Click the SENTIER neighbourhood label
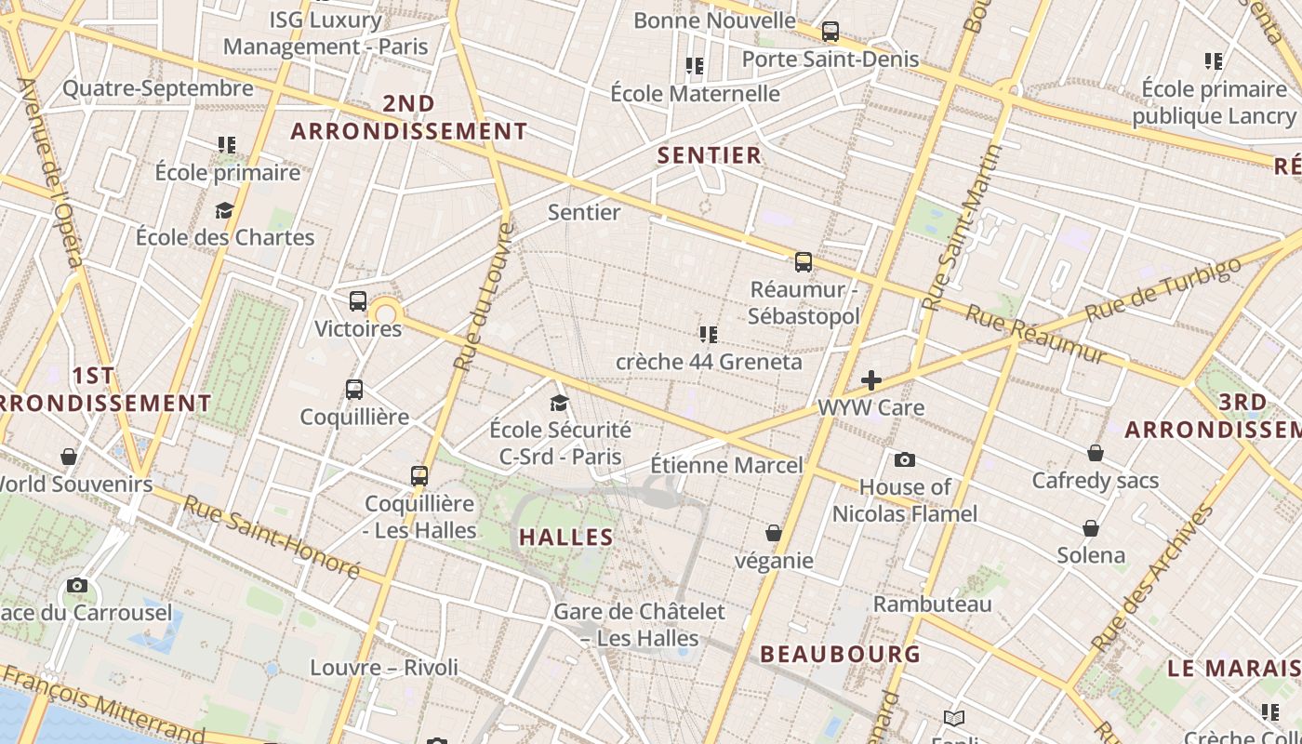710,155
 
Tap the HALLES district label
566,537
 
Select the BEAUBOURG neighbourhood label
841,654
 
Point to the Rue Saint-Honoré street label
271,537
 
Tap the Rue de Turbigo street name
1163,289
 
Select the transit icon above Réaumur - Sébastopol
804,262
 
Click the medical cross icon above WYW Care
871,380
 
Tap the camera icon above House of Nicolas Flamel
904,459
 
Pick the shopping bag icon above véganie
773,533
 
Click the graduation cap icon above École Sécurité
559,403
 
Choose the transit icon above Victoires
358,301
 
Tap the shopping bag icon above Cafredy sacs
1096,453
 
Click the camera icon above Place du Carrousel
77,586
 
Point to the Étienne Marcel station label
726,464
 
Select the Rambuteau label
932,604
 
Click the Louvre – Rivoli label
384,667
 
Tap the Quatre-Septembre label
158,88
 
